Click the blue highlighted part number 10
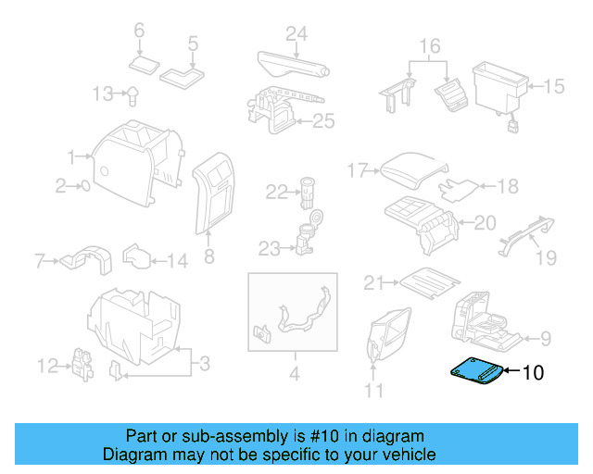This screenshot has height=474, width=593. coord(477,372)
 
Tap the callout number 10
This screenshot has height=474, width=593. coord(534,373)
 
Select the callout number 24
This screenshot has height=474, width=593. coord(296,35)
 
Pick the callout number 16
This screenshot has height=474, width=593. coord(429,46)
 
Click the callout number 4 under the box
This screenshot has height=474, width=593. coord(295,376)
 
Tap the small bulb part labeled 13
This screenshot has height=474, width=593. coord(133,93)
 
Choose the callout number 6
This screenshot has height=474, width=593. coord(140,31)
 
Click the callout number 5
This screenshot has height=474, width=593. coord(193,43)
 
